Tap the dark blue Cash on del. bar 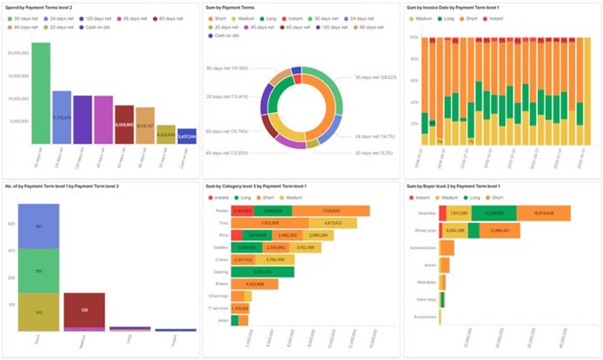tap(187, 136)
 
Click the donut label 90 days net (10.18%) tap(228, 68)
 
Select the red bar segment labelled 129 tap(84, 310)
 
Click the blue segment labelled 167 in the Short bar tap(38, 226)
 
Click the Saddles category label tap(220, 248)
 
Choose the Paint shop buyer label tap(426, 300)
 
